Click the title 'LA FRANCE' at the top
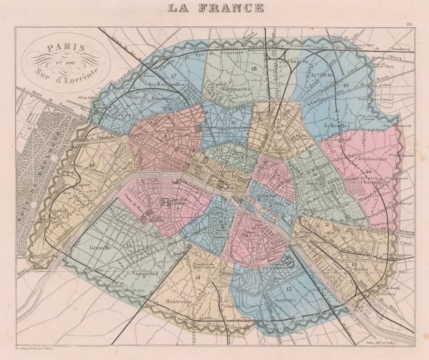[214, 9]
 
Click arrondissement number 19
[345, 86]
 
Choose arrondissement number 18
[255, 68]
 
